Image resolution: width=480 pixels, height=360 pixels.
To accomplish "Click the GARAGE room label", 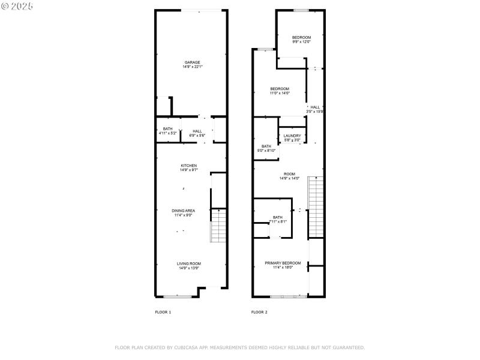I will [192, 62].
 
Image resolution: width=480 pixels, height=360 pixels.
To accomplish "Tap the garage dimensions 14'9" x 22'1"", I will [192, 67].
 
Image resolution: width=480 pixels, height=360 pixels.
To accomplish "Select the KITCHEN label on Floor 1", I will [189, 166].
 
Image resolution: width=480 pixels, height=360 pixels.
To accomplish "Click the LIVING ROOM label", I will [188, 263].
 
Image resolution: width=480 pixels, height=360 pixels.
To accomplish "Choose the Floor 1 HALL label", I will [197, 131].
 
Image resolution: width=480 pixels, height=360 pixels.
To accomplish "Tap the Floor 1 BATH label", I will [167, 128].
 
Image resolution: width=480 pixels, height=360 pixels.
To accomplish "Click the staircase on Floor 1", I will [218, 225].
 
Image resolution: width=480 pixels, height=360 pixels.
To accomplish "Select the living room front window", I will [178, 296].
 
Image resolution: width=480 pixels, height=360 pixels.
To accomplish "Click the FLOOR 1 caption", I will [163, 312].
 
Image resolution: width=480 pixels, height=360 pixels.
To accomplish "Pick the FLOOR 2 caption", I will [259, 312].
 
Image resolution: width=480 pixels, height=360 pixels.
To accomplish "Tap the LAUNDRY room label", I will [292, 136].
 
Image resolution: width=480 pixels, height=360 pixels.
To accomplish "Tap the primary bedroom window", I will [288, 296].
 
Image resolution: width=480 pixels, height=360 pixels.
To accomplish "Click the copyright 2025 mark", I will [17, 6].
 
